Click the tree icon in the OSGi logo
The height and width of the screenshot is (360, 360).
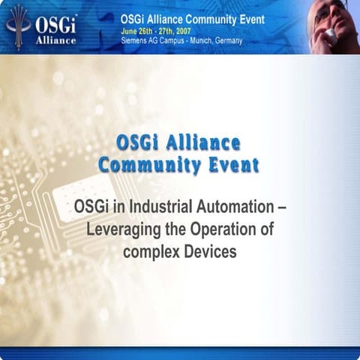pyautogui.click(x=18, y=22)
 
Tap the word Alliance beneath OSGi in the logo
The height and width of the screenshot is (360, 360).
pyautogui.click(x=56, y=40)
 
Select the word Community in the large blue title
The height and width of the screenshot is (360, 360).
pyautogui.click(x=151, y=164)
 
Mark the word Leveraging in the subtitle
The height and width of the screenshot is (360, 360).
pyautogui.click(x=120, y=229)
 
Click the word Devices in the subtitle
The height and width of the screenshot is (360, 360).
pyautogui.click(x=210, y=251)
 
